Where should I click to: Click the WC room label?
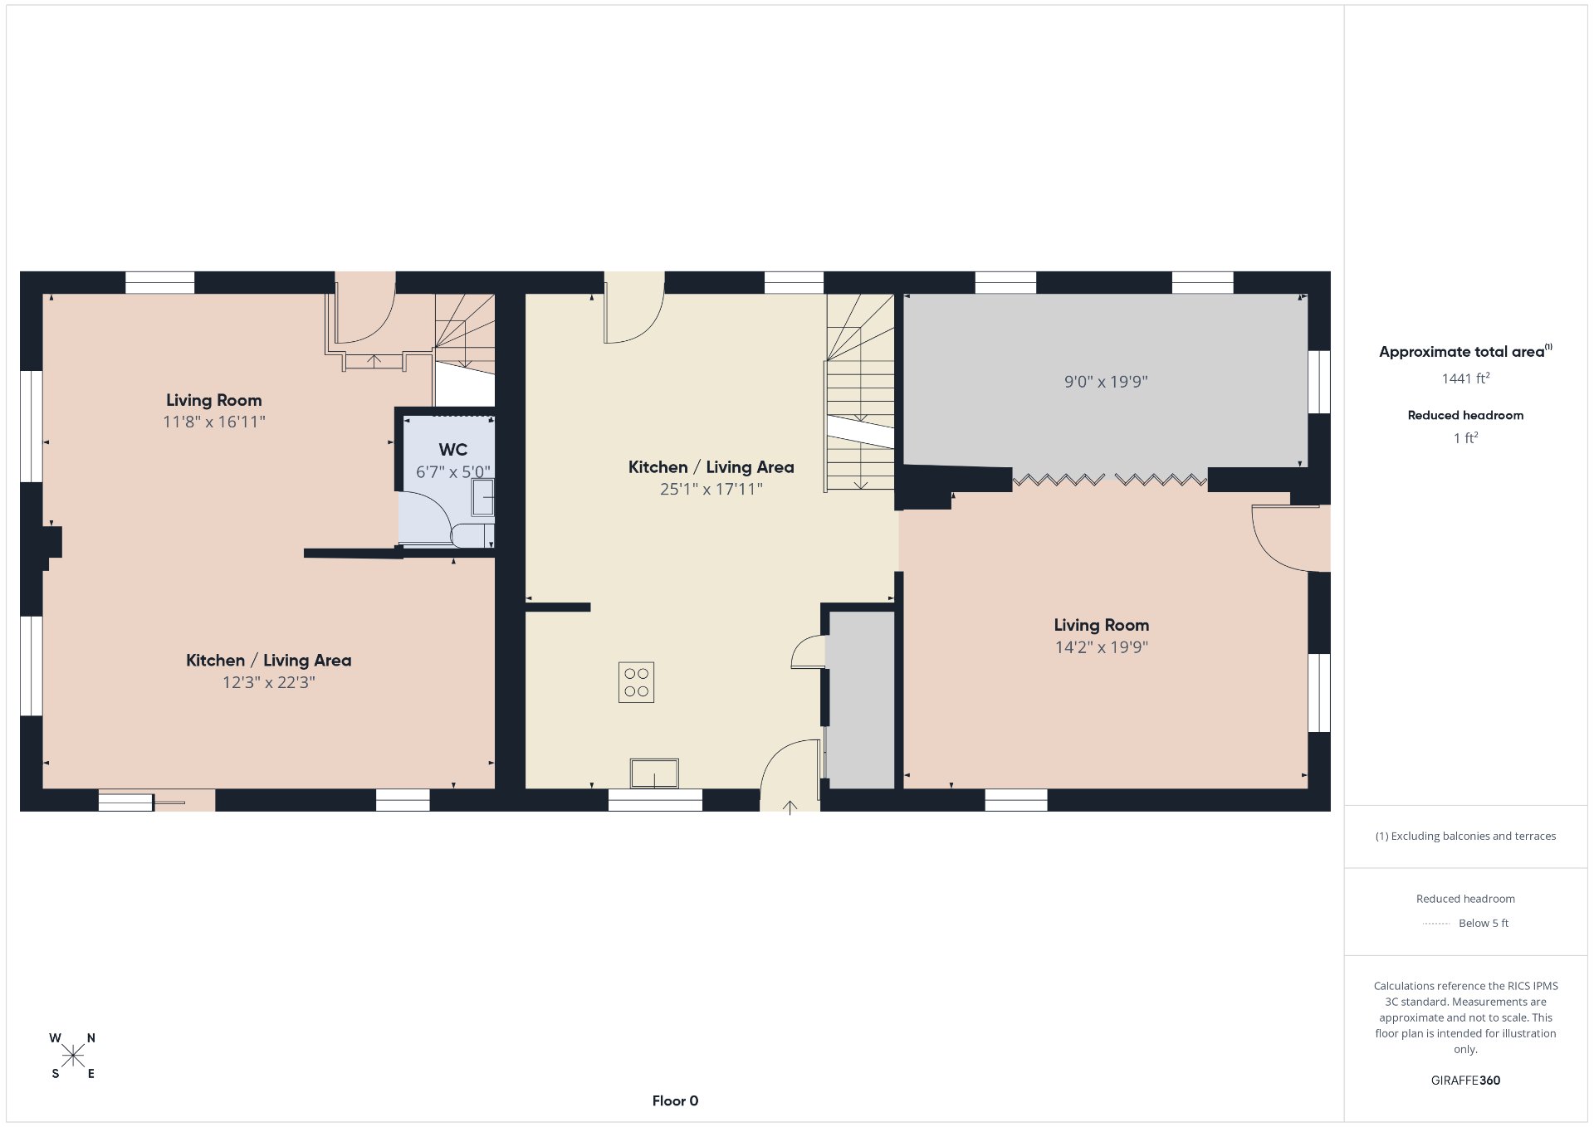(452, 450)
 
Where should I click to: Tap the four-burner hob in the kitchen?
(636, 682)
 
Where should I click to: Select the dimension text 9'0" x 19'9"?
(1106, 382)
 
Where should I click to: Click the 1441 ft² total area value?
(1465, 378)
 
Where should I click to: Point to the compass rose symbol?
(73, 1056)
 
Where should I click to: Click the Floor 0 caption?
(675, 1101)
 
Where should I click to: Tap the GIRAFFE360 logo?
(1465, 1081)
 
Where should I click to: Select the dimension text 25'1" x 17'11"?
(711, 490)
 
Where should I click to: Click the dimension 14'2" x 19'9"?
(1102, 647)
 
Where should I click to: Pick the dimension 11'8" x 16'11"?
(214, 422)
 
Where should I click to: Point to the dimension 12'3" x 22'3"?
(269, 682)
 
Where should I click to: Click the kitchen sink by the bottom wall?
(654, 773)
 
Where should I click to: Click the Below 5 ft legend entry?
(1483, 923)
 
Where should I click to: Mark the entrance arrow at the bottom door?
(790, 807)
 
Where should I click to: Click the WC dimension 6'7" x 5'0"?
(453, 472)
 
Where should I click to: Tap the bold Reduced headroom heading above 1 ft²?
(1465, 415)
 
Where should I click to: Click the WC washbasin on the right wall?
(482, 498)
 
